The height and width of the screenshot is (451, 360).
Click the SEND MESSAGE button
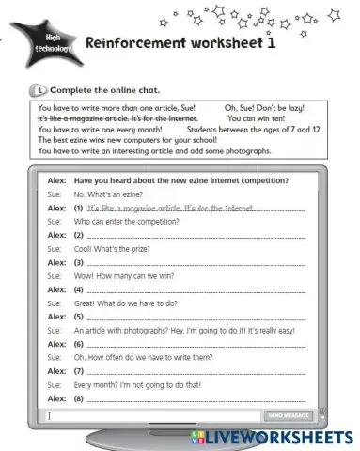(x=289, y=415)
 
